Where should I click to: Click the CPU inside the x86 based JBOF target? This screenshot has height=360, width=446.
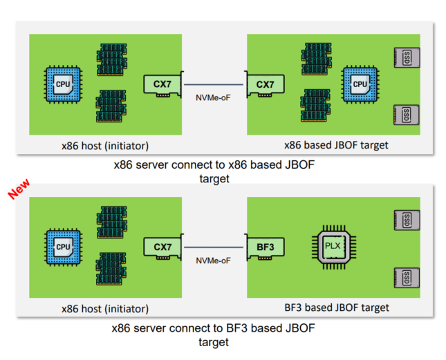[360, 84]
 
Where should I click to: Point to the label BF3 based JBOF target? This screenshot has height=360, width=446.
[337, 307]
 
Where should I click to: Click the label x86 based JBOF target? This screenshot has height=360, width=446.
[336, 145]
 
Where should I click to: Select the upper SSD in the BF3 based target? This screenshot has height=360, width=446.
[406, 220]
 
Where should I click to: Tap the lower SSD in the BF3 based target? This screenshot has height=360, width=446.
[406, 278]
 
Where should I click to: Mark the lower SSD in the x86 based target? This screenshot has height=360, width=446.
[406, 114]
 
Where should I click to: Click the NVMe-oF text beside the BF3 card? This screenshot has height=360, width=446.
[214, 260]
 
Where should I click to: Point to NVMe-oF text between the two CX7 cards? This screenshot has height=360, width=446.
[214, 97]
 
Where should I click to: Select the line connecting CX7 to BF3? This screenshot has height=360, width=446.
[214, 247]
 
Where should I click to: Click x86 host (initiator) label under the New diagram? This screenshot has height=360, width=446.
[104, 308]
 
